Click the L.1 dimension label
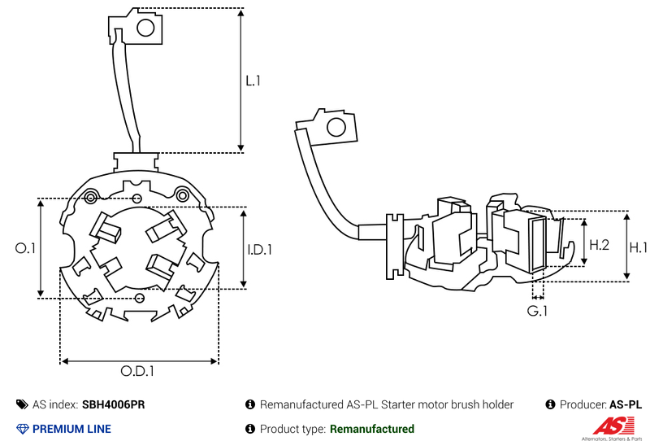point(253,81)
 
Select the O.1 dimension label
point(26,248)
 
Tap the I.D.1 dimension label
point(259,250)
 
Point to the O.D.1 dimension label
point(138,372)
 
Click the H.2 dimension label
point(600,244)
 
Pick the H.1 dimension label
point(639,247)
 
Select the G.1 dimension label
point(537,311)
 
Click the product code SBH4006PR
point(114,404)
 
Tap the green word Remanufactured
point(371,429)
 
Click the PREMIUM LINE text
point(71,429)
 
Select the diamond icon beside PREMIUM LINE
point(22,429)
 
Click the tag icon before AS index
point(22,404)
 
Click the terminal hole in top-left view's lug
point(145,29)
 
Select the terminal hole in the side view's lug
point(334,127)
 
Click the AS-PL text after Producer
point(626,404)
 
